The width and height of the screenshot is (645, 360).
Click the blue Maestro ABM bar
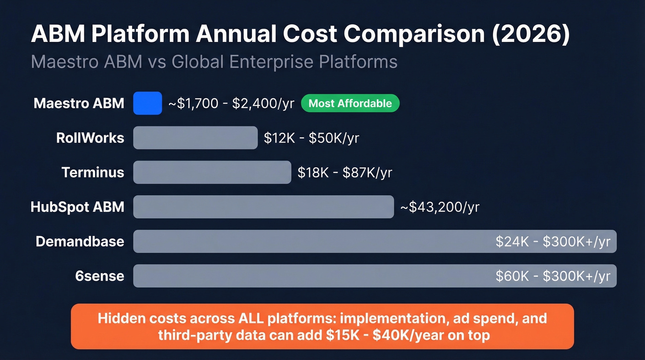147,103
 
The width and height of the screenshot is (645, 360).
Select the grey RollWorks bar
195,138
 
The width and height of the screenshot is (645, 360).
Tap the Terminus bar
212,172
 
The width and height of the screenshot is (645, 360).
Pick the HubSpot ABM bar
264,207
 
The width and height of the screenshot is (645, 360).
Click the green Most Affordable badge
350,103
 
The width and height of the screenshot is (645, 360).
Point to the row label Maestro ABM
79,103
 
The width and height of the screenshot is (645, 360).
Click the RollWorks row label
90,138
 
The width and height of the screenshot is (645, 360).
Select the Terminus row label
93,172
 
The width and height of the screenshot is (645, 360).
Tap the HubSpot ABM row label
77,207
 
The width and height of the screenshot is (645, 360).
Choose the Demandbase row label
80,242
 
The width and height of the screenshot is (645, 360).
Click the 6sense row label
100,276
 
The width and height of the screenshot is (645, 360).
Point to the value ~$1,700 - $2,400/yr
231,103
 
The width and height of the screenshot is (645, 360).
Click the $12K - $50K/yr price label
311,138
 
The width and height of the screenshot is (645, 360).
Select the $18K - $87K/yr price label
345,172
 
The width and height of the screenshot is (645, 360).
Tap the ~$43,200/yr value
440,207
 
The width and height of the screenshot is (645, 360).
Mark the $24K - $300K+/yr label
553,242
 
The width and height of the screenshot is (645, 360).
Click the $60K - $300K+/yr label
553,276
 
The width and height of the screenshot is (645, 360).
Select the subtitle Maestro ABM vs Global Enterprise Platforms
214,61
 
